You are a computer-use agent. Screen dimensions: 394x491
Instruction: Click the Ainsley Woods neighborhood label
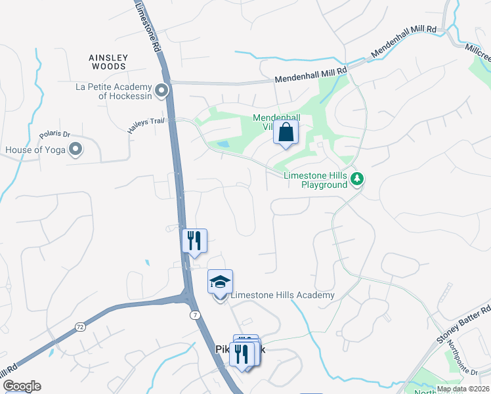point(108,62)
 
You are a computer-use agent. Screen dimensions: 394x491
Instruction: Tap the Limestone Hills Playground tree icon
point(357,178)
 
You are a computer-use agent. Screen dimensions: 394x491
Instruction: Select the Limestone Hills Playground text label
point(315,180)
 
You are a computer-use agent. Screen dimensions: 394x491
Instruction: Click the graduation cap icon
point(221,282)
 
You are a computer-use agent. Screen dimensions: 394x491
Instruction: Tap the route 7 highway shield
point(196,315)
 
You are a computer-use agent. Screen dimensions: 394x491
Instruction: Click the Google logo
point(22,386)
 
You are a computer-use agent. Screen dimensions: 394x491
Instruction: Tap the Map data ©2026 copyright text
point(463,389)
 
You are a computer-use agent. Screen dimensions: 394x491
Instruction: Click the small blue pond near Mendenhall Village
point(223,144)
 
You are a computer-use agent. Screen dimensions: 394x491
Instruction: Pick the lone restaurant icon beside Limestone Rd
point(194,240)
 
